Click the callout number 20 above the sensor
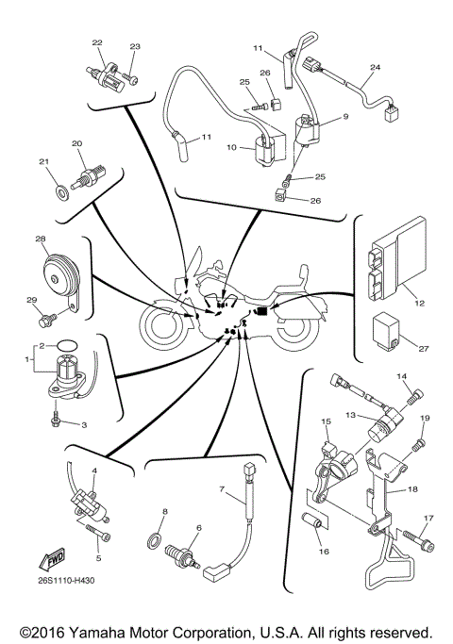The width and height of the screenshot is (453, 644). [x=77, y=144]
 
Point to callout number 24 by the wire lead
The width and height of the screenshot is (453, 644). [x=375, y=68]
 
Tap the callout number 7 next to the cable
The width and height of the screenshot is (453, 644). [x=222, y=489]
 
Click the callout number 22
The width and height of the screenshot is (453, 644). [x=96, y=43]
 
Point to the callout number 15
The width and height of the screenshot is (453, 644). [x=325, y=421]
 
